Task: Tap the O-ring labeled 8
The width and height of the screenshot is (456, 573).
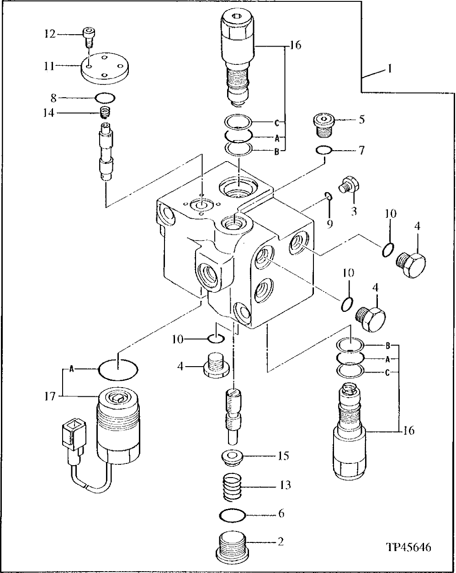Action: tap(105, 97)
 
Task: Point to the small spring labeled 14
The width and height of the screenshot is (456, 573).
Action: tap(106, 112)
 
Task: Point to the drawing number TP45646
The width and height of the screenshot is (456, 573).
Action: tap(408, 547)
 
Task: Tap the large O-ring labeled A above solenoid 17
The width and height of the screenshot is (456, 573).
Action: tap(118, 368)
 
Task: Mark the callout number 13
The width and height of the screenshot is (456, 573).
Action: tap(285, 484)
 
